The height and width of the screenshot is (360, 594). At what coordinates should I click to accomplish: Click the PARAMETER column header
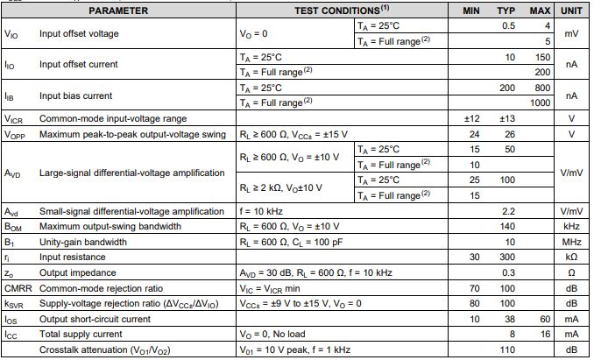118,11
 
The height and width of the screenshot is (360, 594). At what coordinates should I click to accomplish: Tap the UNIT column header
571,11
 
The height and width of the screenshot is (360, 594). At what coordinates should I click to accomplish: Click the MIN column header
473,11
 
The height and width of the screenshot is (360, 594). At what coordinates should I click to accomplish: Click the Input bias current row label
77,95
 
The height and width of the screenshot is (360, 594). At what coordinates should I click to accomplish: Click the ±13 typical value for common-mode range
506,118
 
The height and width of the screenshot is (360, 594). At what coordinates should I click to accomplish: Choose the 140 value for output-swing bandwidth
507,226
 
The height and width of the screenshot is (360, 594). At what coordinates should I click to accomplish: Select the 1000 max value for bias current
539,102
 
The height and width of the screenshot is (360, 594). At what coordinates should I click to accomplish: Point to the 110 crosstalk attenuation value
507,349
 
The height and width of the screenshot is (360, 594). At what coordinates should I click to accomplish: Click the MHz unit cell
571,242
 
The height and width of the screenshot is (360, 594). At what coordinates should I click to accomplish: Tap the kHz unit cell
571,226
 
